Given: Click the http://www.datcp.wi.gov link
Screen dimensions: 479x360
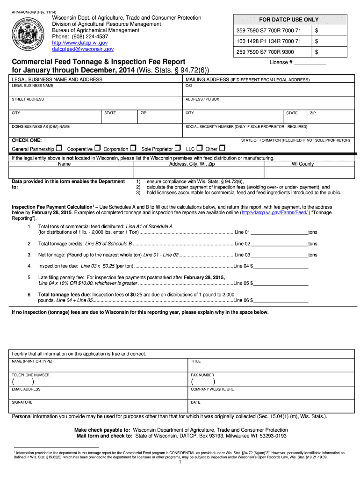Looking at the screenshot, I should [x=79, y=43].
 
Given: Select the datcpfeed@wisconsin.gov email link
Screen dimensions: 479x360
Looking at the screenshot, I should [x=83, y=49].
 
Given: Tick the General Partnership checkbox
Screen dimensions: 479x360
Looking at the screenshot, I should [x=58, y=148].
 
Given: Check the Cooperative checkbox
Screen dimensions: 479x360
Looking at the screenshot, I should [x=97, y=148].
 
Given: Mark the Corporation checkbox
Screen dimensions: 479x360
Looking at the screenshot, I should [x=133, y=148].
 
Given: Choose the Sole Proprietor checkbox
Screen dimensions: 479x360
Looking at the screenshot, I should [x=178, y=148].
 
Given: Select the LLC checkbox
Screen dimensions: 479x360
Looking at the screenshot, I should [x=199, y=148].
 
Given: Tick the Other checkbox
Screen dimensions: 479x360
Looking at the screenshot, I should [x=222, y=148].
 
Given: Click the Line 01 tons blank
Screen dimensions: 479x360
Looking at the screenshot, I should [x=279, y=232].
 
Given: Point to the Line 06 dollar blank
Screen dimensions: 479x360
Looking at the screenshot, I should [x=281, y=300].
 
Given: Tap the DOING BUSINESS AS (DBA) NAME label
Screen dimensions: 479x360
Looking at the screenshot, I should [x=41, y=127].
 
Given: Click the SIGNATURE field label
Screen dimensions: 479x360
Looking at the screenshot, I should [x=22, y=402].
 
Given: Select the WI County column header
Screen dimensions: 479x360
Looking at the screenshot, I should [x=302, y=164].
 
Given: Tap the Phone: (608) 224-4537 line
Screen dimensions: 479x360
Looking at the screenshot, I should [x=80, y=36].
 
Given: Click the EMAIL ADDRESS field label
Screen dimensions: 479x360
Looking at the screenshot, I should [x=26, y=389].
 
